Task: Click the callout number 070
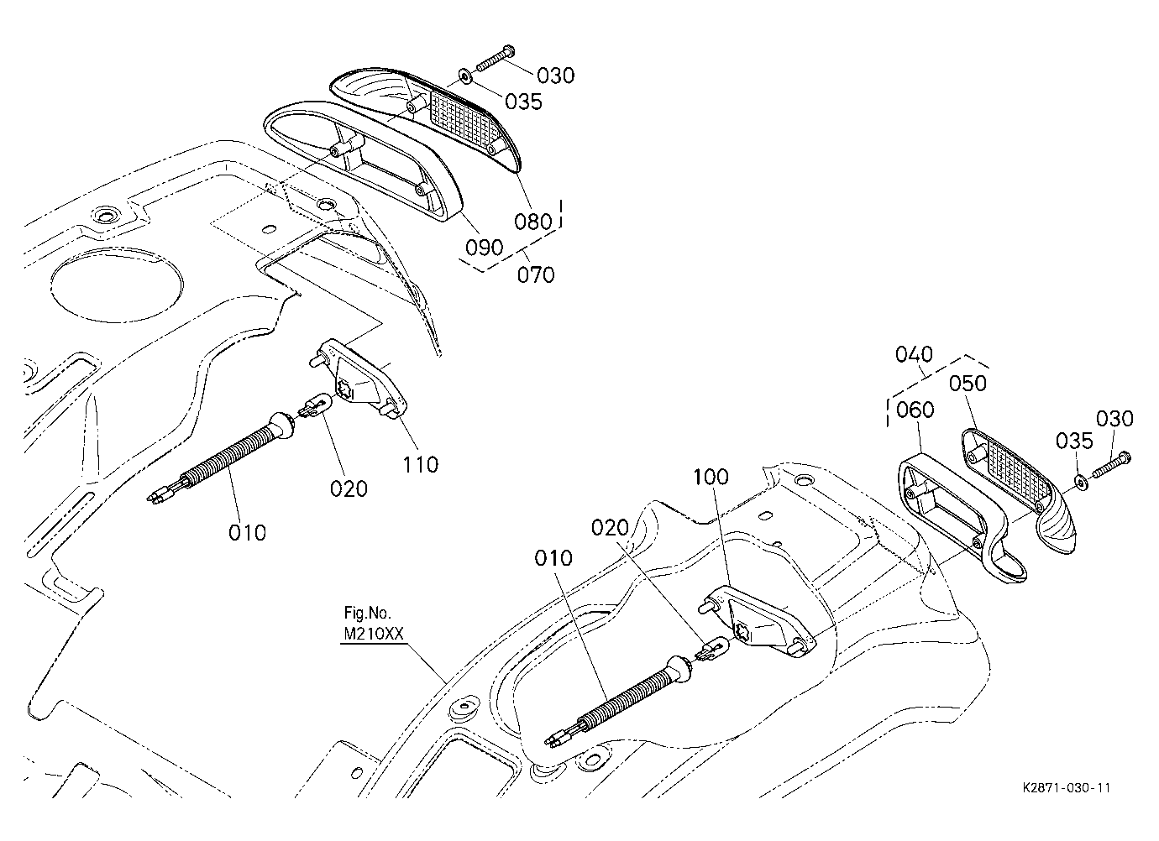[536, 274]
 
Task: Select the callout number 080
[533, 222]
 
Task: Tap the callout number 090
[484, 248]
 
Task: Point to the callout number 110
[421, 464]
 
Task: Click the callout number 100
[711, 477]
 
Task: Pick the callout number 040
[914, 355]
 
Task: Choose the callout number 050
[968, 384]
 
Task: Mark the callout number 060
[915, 410]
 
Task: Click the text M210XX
[374, 635]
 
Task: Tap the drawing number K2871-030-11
[1067, 788]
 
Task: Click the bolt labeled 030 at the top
[495, 58]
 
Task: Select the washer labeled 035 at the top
[465, 76]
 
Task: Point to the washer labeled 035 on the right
[1081, 482]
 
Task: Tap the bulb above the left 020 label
[315, 404]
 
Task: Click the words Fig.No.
[367, 614]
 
